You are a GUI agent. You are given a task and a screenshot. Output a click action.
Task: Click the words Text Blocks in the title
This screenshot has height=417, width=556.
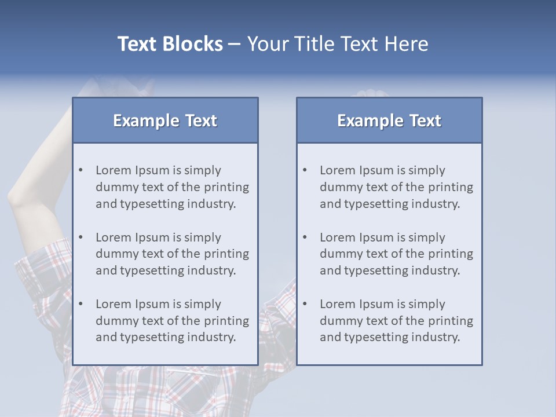tap(170, 44)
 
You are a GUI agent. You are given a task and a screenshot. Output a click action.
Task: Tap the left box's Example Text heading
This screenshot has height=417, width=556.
tap(165, 120)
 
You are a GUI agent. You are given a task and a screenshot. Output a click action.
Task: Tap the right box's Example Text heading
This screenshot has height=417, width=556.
tap(389, 120)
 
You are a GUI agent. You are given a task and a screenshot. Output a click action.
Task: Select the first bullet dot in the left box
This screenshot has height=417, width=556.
tap(81, 170)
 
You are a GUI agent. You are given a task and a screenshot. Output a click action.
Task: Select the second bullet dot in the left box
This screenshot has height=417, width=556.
tap(81, 237)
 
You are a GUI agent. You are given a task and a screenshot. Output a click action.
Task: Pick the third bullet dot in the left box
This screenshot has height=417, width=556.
tap(81, 304)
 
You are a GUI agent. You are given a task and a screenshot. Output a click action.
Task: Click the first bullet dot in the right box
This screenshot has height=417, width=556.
tap(305, 170)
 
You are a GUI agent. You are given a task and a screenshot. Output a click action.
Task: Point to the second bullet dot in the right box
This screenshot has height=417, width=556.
tap(305, 237)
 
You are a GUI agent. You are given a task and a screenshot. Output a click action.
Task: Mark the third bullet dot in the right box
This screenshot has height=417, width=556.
tap(305, 304)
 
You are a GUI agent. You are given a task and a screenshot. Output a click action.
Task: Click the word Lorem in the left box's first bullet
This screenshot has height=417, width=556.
tap(114, 170)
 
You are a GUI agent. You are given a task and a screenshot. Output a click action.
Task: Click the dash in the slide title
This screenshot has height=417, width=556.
tap(235, 45)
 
